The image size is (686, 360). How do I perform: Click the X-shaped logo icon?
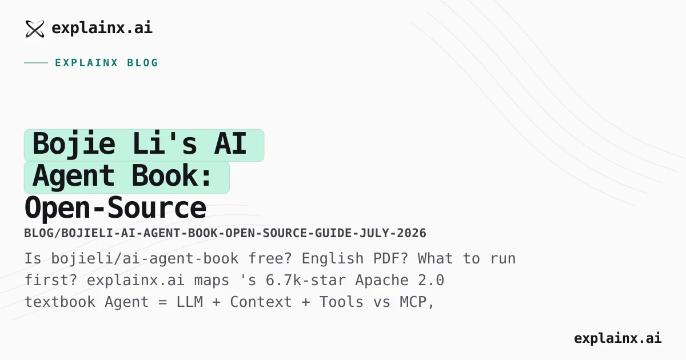(35, 29)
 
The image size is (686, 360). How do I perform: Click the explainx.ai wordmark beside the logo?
(102, 28)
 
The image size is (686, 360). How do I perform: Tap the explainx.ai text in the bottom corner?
(618, 338)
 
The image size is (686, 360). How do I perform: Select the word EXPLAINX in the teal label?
(87, 63)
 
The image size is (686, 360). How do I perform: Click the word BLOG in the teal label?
(143, 63)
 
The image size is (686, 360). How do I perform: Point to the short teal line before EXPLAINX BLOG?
(36, 63)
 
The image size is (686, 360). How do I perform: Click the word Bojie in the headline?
(74, 144)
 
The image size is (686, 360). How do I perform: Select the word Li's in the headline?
(165, 143)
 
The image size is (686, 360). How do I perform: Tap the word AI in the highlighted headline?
(230, 143)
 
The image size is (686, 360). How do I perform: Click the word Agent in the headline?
(74, 177)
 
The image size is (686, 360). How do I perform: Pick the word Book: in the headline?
(171, 175)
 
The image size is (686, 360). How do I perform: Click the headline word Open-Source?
(115, 208)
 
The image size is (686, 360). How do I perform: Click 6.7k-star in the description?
(306, 281)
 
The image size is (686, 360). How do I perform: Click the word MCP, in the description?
(417, 302)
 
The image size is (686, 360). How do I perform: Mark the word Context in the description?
(261, 302)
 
